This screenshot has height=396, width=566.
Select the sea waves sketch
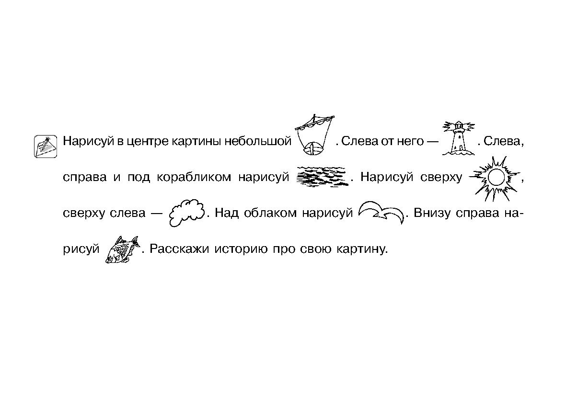[323, 177]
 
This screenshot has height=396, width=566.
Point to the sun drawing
[494, 178]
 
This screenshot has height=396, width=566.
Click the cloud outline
[186, 213]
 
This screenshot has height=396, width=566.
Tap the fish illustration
[122, 249]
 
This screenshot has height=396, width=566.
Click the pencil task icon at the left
[46, 147]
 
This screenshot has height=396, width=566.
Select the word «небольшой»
[258, 141]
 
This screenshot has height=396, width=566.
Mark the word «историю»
[241, 249]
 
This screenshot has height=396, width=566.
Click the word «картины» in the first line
[196, 141]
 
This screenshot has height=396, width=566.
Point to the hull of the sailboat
[313, 148]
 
